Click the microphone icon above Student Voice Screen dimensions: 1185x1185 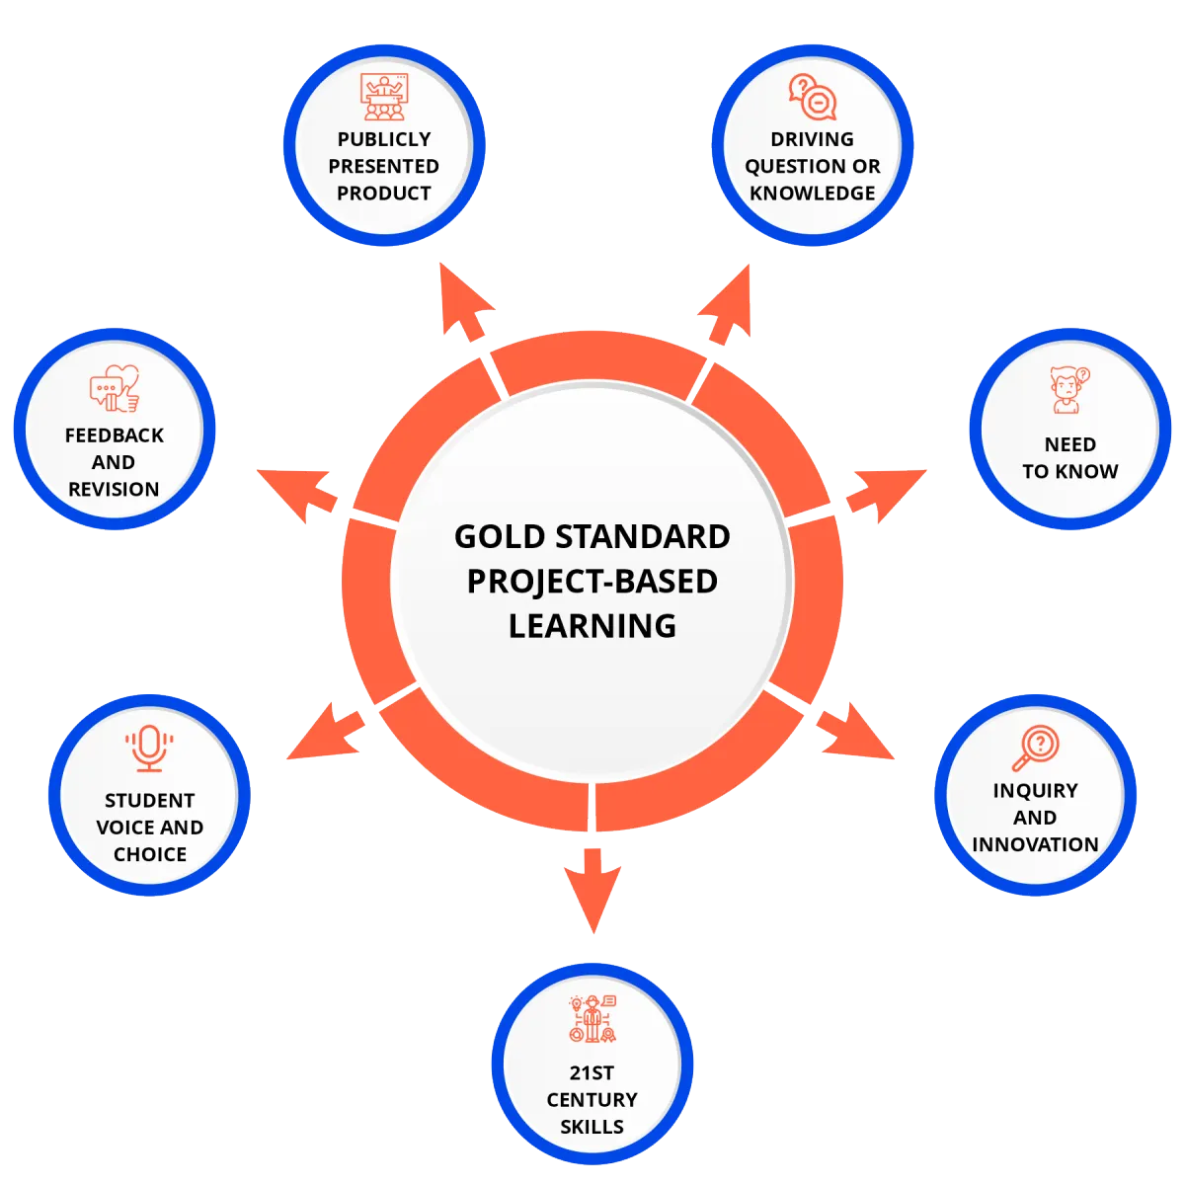[149, 748]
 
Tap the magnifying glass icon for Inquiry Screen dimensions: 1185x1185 [1036, 748]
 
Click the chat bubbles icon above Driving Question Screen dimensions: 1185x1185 [813, 97]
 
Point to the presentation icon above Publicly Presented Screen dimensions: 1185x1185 [384, 97]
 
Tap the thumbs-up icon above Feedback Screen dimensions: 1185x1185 [115, 388]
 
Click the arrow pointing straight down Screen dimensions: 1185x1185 [592, 891]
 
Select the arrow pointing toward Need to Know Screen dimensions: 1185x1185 [886, 496]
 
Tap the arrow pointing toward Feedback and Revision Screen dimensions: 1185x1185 [297, 496]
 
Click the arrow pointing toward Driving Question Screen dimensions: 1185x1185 [725, 304]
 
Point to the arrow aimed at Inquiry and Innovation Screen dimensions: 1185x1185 [855, 732]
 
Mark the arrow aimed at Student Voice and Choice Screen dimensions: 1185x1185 [326, 732]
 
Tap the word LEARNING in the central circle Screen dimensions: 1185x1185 [592, 626]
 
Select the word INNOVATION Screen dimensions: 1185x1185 [1036, 844]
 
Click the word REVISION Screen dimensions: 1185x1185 [114, 489]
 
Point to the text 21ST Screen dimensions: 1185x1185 [592, 1073]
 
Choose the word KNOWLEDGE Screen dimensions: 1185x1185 [813, 194]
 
